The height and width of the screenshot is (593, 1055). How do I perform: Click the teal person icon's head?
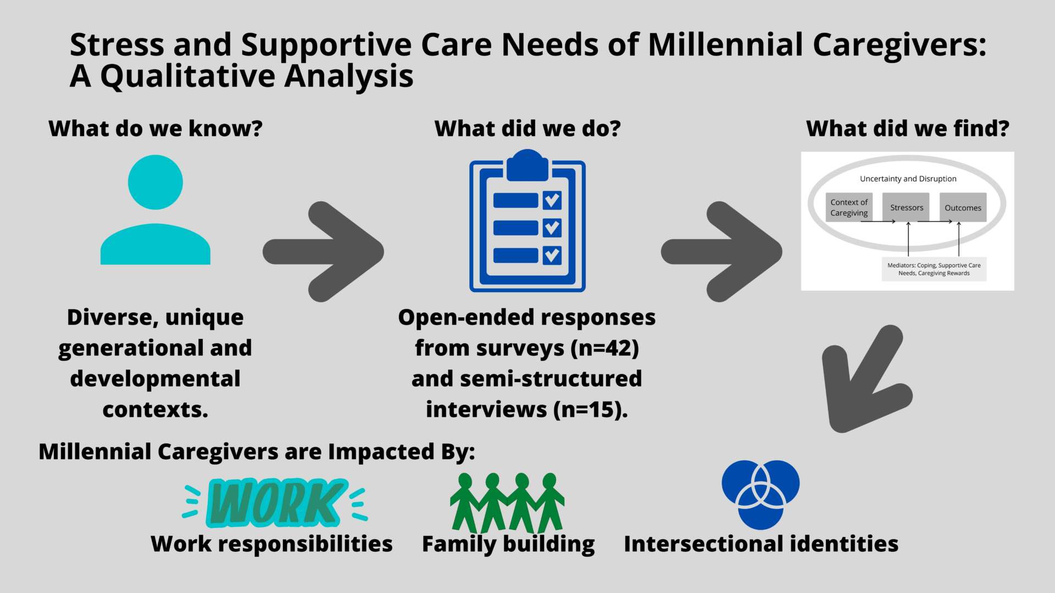[x=156, y=182]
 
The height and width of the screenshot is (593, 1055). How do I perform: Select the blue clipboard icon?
[x=527, y=221]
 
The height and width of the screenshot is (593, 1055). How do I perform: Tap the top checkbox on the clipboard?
[x=552, y=200]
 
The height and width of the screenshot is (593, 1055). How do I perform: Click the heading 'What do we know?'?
[x=156, y=128]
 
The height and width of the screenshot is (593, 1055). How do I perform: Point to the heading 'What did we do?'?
[x=527, y=128]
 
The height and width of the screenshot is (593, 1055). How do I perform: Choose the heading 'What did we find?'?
[x=908, y=128]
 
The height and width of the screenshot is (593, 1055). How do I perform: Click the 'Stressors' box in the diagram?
[x=906, y=208]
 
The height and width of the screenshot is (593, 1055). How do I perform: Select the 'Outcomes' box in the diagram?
[x=963, y=208]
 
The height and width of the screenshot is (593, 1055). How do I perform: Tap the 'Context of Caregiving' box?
[x=849, y=208]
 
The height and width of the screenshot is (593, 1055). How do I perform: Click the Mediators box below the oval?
[x=934, y=269]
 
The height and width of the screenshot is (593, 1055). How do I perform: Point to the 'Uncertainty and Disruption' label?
[x=908, y=178]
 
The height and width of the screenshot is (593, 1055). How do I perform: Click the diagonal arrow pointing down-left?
[x=867, y=379]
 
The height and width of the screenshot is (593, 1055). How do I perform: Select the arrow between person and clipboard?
[x=323, y=251]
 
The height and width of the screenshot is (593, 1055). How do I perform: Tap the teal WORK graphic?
[x=275, y=502]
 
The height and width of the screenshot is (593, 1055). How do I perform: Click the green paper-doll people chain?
[x=507, y=502]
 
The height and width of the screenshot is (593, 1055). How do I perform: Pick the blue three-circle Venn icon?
[x=760, y=494]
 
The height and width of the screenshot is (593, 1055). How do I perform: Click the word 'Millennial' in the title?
[x=725, y=44]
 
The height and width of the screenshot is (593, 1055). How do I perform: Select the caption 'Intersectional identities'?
[x=761, y=544]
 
